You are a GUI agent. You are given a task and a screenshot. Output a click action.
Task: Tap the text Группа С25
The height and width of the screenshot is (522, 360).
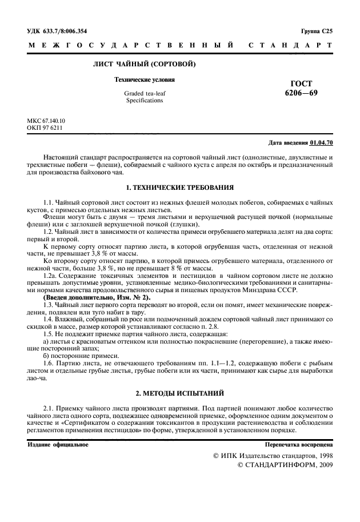pyautogui.click(x=315, y=31)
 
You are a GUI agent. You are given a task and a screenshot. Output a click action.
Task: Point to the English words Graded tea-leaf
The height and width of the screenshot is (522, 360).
pyautogui.click(x=145, y=93)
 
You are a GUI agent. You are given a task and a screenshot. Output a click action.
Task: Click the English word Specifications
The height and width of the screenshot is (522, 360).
pyautogui.click(x=145, y=100)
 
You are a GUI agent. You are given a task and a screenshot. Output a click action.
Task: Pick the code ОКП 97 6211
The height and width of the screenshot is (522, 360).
pyautogui.click(x=45, y=128)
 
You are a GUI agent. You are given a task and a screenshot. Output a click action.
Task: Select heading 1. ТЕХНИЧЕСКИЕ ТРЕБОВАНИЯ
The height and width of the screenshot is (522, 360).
pyautogui.click(x=179, y=187)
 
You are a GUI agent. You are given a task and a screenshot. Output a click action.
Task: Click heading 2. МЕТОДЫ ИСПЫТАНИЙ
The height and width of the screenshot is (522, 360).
pyautogui.click(x=179, y=393)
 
